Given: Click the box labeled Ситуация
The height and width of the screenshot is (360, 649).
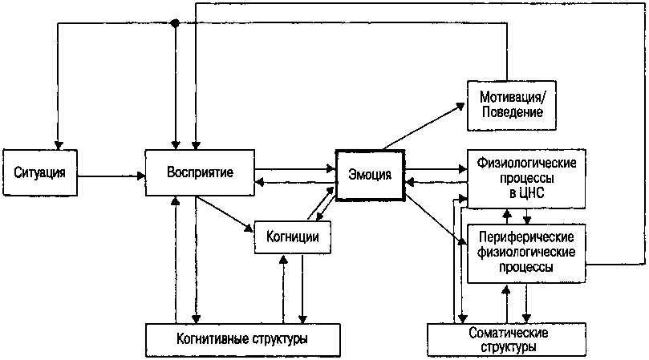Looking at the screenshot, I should (39, 172).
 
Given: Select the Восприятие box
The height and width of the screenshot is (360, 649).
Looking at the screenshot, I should (200, 172).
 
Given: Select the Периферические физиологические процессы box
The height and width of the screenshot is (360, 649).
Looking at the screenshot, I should (527, 253).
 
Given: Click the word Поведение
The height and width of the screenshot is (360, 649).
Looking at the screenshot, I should (512, 113).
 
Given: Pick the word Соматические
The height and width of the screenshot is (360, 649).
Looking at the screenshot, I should (509, 332).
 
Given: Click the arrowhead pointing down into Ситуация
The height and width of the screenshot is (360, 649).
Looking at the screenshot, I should (57, 142).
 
